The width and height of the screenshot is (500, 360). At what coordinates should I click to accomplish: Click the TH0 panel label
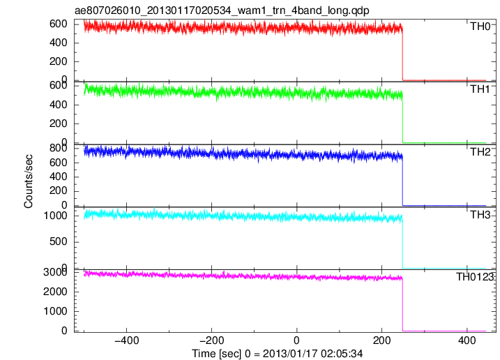[x=480, y=27]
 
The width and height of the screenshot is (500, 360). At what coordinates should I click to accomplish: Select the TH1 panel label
[x=480, y=89]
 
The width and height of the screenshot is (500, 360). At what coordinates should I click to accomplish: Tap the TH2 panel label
[x=480, y=152]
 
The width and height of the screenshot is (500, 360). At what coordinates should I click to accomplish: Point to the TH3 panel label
[x=480, y=215]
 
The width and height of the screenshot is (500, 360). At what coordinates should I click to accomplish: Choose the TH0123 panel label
[x=475, y=277]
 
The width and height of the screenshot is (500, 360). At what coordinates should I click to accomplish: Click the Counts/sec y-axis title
[x=29, y=181]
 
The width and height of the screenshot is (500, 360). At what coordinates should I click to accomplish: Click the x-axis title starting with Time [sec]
[x=277, y=354]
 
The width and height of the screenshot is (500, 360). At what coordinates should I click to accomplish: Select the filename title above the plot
[x=222, y=10]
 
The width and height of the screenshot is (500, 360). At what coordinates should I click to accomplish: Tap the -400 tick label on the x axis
[x=127, y=340]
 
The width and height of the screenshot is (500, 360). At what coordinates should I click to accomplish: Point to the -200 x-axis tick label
[x=212, y=340]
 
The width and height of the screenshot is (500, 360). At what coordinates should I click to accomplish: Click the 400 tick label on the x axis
[x=467, y=340]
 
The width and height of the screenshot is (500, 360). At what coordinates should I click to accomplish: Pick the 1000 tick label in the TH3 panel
[x=56, y=216]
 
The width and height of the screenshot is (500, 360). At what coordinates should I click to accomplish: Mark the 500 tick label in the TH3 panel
[x=59, y=241]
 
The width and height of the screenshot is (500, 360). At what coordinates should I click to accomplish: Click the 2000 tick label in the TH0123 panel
[x=56, y=292]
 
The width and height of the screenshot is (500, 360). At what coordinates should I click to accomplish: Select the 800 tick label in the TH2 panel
[x=59, y=148]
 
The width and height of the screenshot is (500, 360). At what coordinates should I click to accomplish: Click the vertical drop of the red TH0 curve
[x=403, y=54]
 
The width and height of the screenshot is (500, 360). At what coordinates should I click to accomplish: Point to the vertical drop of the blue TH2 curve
[x=403, y=181]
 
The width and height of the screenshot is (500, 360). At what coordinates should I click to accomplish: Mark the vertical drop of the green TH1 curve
[x=403, y=118]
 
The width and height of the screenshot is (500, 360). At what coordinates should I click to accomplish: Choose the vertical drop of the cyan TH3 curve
[x=403, y=243]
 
